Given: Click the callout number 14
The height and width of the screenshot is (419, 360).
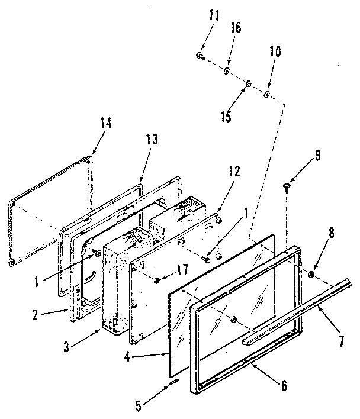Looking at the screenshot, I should tap(105, 123).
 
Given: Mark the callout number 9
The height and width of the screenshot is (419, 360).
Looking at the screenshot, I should tap(317, 157).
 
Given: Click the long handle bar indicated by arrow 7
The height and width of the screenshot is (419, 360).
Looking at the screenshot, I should tap(296, 313).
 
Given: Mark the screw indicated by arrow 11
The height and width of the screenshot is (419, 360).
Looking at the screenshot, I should tap(200, 56).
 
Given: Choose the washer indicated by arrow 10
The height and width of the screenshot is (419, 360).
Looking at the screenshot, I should tap(268, 94).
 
